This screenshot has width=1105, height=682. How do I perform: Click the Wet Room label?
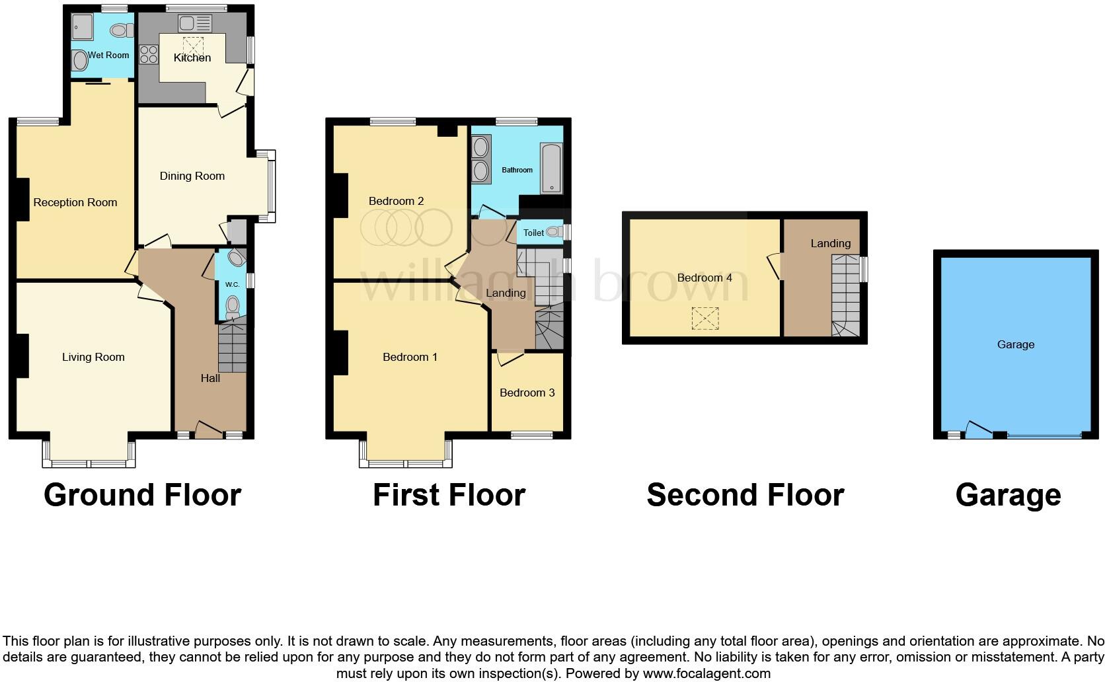(x=108, y=56)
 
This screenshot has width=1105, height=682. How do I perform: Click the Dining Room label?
(x=192, y=176)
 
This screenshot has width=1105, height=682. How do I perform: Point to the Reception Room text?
(x=75, y=203)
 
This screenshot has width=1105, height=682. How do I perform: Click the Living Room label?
(x=93, y=358)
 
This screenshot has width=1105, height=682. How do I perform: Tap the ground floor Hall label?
(x=210, y=378)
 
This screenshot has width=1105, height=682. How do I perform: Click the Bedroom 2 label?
(x=396, y=202)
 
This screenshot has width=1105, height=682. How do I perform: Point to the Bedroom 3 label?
(x=527, y=393)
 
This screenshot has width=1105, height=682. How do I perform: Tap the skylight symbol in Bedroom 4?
(x=705, y=319)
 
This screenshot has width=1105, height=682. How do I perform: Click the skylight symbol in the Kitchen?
(x=193, y=46)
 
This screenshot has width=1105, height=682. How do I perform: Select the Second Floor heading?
(x=745, y=495)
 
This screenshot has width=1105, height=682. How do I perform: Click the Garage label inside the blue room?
(x=1015, y=345)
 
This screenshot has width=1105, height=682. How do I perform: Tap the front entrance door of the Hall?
(x=209, y=430)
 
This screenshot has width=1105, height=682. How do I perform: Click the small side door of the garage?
(x=979, y=430)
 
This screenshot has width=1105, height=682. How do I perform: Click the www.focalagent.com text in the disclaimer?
(x=706, y=674)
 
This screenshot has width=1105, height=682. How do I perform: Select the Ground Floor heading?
(x=142, y=495)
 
